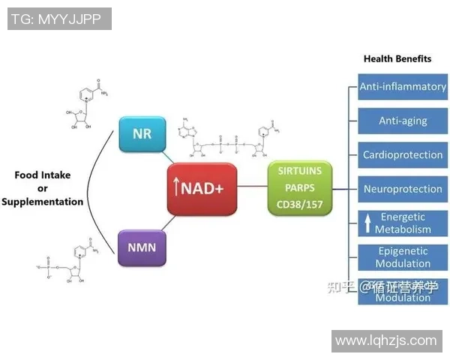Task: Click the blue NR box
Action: pyautogui.click(x=142, y=134)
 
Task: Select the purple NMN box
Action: pyautogui.click(x=142, y=248)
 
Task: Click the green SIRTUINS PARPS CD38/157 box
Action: pyautogui.click(x=299, y=188)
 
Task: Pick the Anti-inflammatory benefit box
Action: pyautogui.click(x=402, y=87)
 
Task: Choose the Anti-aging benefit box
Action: pyautogui.click(x=402, y=121)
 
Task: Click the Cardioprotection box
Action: pyautogui.click(x=402, y=155)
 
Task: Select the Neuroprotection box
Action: pyautogui.click(x=402, y=189)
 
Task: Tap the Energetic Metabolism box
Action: pyautogui.click(x=402, y=223)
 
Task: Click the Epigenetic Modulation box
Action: pyautogui.click(x=402, y=257)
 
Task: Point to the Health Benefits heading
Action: pyautogui.click(x=397, y=58)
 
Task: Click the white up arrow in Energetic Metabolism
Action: pyautogui.click(x=367, y=223)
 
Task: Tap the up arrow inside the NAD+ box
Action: pyautogui.click(x=177, y=190)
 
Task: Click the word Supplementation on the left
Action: pyautogui.click(x=43, y=202)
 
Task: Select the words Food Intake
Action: pyautogui.click(x=43, y=175)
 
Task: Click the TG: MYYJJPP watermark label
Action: pyautogui.click(x=59, y=19)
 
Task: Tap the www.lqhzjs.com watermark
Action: pyautogui.click(x=385, y=340)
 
